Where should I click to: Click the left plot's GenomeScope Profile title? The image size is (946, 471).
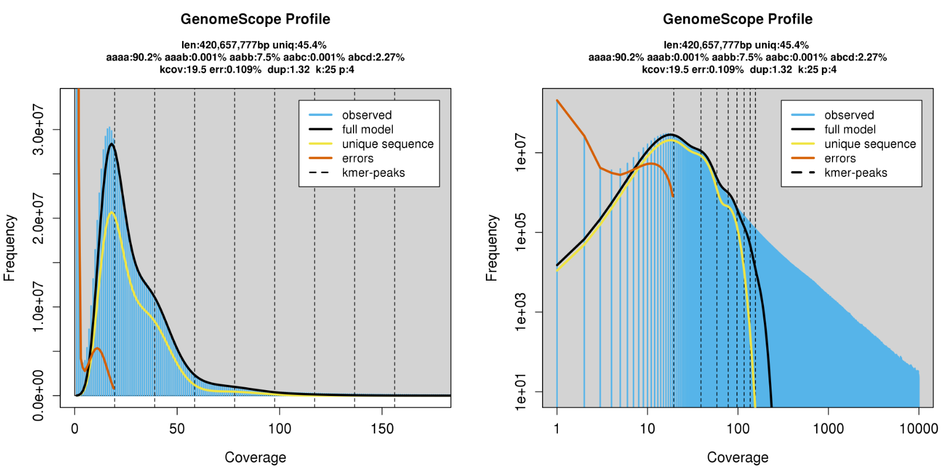[255, 19]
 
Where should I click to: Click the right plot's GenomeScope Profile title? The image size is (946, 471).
[738, 19]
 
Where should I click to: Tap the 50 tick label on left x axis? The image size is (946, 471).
[177, 429]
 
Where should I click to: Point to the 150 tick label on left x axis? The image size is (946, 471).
[382, 429]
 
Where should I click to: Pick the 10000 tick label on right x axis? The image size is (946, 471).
[918, 429]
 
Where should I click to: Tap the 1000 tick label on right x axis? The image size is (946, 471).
[828, 429]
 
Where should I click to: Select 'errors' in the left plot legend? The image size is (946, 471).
[358, 159]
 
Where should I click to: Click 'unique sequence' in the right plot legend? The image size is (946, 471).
[870, 144]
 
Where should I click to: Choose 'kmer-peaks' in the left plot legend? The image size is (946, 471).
[373, 173]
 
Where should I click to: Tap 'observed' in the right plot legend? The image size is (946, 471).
[849, 115]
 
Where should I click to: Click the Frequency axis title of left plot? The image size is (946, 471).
[9, 248]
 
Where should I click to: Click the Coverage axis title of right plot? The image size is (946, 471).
[738, 458]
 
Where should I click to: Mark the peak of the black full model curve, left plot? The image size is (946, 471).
[111, 144]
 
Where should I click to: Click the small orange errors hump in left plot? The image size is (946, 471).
[97, 349]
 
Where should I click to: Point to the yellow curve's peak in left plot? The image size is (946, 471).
[111, 213]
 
